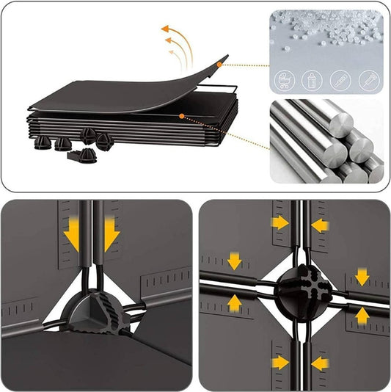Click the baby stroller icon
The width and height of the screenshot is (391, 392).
284,79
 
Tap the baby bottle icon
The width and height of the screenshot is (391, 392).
311,79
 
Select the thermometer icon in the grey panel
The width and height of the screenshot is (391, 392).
339,79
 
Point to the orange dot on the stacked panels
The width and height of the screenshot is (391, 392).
181,116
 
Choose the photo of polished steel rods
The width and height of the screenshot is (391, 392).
326,139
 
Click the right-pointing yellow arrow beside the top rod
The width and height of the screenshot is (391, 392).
279,222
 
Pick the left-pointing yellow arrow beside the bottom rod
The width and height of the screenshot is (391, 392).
320,363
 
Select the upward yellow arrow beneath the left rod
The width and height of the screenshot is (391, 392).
235,302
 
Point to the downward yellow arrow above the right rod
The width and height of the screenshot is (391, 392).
362,276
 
